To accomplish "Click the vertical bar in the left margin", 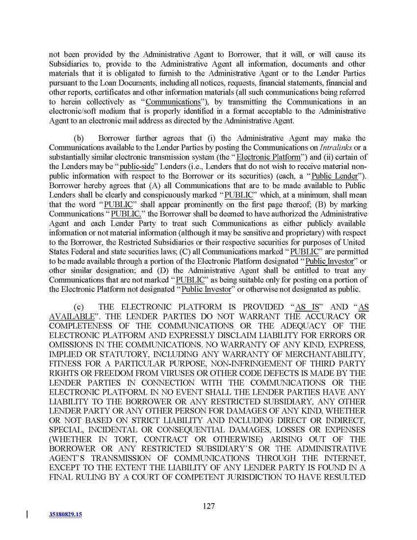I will [x=26, y=514].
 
